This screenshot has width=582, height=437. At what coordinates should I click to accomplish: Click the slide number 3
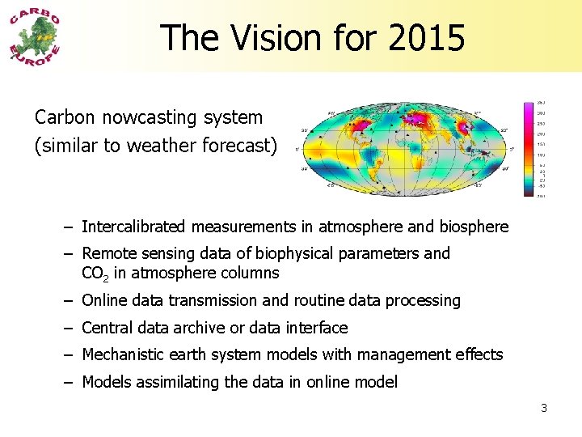[x=544, y=408]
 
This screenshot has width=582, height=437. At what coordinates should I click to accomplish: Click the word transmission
[x=213, y=301]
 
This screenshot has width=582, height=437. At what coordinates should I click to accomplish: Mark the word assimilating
[x=178, y=382]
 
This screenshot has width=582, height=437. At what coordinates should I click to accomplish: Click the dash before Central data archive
[x=71, y=328]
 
